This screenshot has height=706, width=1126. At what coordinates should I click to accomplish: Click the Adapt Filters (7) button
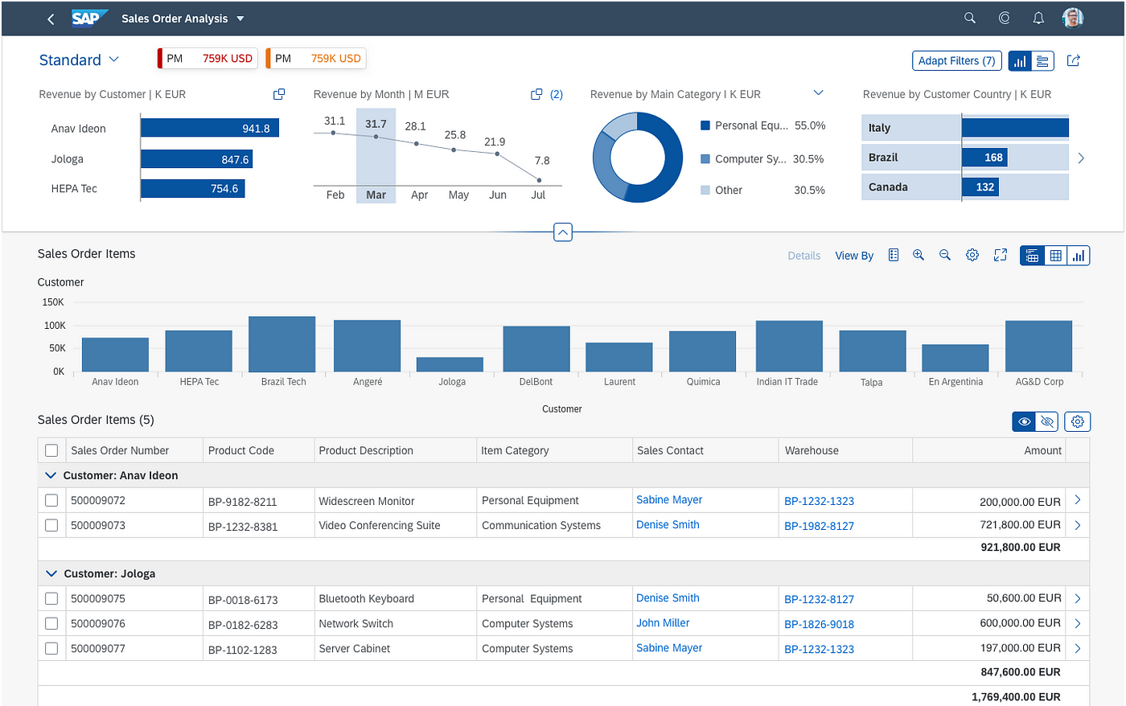(956, 61)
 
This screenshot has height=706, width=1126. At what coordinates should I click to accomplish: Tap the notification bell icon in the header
(1038, 18)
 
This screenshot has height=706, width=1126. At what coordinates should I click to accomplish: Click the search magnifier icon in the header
(970, 18)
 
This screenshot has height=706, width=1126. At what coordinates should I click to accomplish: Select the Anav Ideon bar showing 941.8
(210, 128)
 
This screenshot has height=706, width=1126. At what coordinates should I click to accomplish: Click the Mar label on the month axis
(376, 195)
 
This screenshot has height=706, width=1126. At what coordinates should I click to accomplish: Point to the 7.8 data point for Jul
(539, 180)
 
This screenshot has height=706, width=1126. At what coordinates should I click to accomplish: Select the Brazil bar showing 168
(984, 158)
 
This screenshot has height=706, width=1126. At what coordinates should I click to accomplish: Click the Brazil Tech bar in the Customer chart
(282, 344)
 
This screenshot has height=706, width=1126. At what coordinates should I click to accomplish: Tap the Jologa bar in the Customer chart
(450, 365)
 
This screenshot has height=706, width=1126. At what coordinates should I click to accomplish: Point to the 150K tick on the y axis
(53, 302)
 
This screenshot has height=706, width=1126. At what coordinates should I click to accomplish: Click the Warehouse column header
(812, 451)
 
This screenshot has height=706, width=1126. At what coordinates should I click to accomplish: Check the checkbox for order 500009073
(51, 526)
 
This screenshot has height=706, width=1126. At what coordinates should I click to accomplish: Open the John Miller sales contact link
(663, 623)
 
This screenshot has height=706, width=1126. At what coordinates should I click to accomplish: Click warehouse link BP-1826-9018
(819, 624)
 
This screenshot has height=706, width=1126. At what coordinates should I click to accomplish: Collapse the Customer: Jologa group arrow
(51, 573)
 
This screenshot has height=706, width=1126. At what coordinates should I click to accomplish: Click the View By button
(854, 256)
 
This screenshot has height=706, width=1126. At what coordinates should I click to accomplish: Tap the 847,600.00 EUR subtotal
(1021, 672)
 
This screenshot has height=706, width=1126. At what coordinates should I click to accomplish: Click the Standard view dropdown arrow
(114, 60)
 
